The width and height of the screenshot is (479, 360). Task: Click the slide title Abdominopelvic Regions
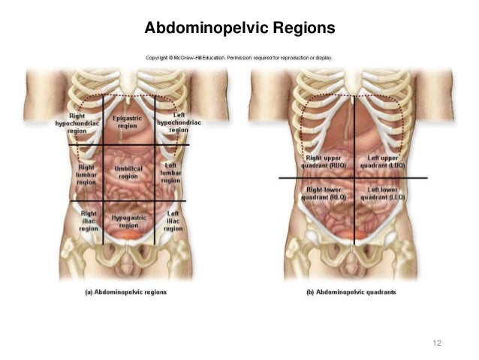(239, 29)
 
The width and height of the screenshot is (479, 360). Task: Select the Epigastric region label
(127, 122)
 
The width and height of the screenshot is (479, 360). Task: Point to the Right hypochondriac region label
(77, 123)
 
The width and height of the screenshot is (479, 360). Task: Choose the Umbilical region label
(128, 172)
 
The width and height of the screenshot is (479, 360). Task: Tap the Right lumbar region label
(86, 173)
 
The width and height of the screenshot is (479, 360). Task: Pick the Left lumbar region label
(170, 173)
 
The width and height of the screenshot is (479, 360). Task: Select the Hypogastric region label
(128, 221)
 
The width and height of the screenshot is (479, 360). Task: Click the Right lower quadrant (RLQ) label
(323, 194)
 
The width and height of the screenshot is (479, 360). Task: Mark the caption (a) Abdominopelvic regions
(125, 291)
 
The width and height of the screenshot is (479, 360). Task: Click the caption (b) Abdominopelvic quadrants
(351, 291)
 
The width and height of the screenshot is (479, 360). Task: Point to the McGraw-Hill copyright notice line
(238, 56)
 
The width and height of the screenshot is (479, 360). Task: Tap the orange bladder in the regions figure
(128, 235)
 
